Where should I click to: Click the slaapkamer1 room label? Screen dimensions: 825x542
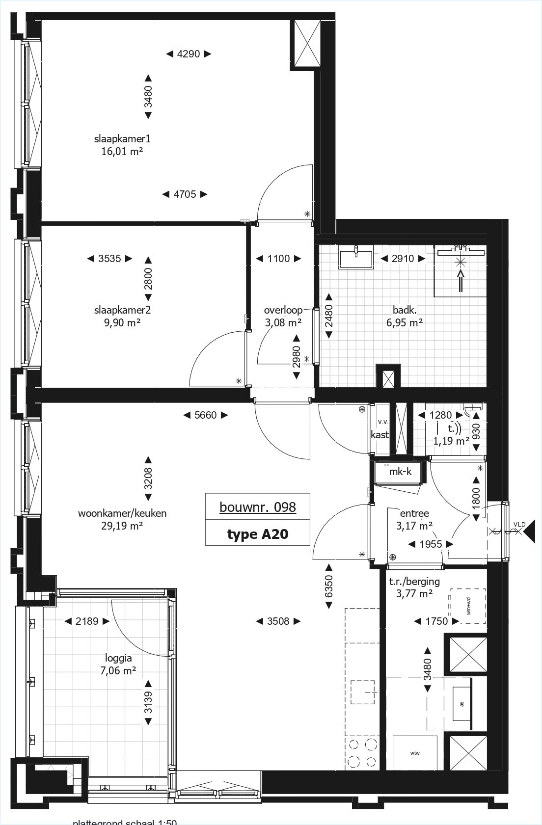(x=122, y=139)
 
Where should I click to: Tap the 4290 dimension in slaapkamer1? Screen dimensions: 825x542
(x=188, y=54)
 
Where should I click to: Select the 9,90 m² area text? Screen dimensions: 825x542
(x=122, y=323)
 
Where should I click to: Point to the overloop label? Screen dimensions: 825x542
(x=283, y=310)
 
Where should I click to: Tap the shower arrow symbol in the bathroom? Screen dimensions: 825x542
(x=461, y=281)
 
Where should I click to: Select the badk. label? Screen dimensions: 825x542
(x=405, y=310)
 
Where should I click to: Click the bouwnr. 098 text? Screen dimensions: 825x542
(x=258, y=507)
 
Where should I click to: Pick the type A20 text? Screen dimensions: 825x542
(x=258, y=534)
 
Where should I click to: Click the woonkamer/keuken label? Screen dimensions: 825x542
(x=122, y=513)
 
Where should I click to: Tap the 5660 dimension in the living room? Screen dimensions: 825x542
(x=205, y=415)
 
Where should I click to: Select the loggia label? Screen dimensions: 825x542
(x=118, y=658)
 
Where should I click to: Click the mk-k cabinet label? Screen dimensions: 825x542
(x=400, y=472)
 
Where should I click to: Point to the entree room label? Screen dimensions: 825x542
(x=414, y=513)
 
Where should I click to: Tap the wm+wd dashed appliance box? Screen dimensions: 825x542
(x=467, y=606)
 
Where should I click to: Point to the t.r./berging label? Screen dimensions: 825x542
(x=414, y=582)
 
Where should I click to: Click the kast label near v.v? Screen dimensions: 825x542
(x=379, y=434)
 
